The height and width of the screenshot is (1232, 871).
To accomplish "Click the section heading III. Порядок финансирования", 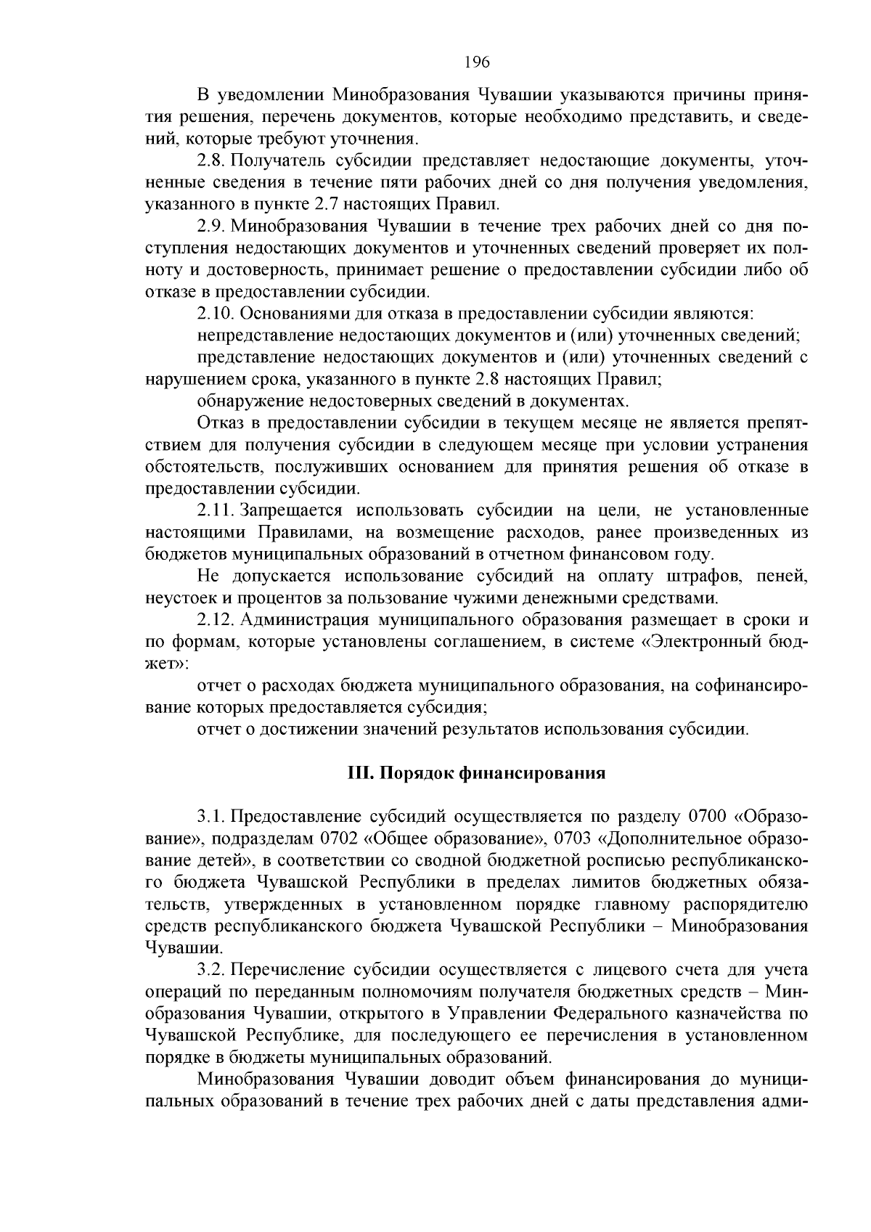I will [476, 772].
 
